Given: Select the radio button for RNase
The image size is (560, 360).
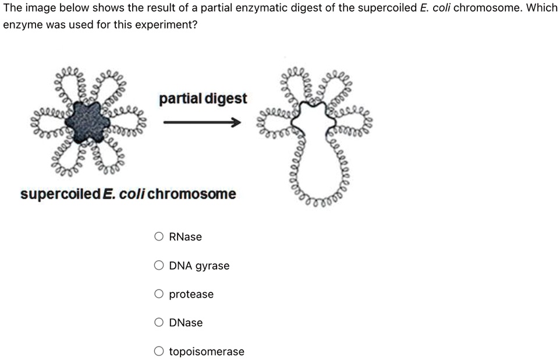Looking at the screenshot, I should [x=159, y=237].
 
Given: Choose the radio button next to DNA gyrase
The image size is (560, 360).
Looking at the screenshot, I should [x=159, y=266].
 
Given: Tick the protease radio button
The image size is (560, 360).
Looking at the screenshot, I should [x=159, y=294].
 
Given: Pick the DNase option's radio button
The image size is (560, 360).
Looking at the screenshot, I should [x=159, y=322].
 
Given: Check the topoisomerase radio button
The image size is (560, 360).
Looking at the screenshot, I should [x=159, y=351].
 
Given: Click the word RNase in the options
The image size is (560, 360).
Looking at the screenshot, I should [x=185, y=237].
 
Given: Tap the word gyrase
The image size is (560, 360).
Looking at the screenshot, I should [x=212, y=266].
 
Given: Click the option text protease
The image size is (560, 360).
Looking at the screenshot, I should [x=191, y=294].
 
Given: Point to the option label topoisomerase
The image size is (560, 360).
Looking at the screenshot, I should [x=207, y=351].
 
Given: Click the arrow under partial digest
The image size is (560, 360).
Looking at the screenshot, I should [x=201, y=122].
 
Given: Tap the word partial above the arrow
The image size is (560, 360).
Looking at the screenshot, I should [x=179, y=98].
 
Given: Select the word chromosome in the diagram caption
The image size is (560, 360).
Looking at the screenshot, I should [x=192, y=194].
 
